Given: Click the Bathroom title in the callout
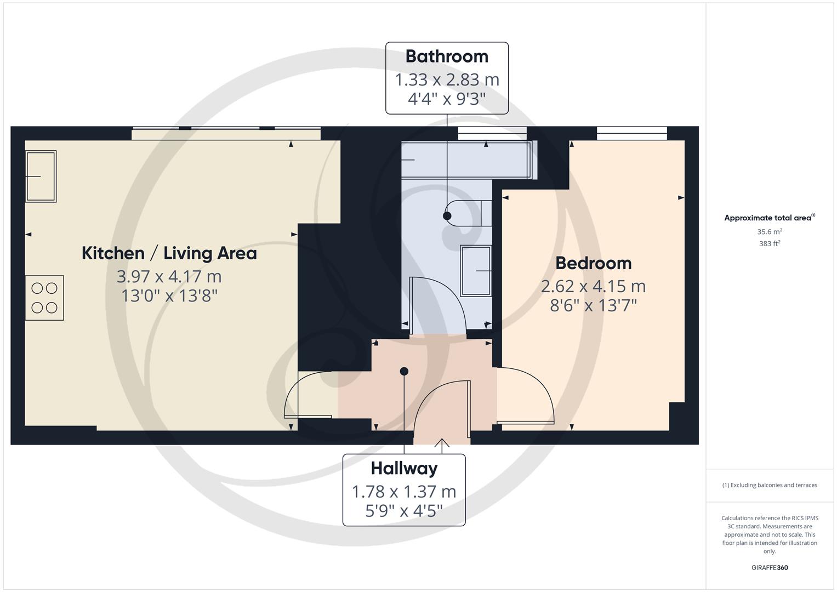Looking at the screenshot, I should [447, 56].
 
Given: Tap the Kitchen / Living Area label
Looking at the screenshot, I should [169, 253].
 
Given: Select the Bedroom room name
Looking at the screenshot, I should [593, 263].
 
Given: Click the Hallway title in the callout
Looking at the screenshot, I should [404, 469].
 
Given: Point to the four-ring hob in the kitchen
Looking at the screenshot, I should [44, 298].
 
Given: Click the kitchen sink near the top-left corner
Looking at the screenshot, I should [41, 177].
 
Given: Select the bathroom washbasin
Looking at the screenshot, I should [475, 271].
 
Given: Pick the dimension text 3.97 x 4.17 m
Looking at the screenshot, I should [169, 276].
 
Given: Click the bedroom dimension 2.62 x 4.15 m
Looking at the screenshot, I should [593, 286].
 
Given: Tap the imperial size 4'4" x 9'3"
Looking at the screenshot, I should [447, 99].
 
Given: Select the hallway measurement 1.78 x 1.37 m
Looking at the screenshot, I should [404, 492].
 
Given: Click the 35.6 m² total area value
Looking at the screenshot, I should [770, 232].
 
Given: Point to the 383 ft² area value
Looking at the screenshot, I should [770, 244].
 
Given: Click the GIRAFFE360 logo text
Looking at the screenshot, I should [770, 568].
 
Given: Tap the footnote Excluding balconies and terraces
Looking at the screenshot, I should [770, 485].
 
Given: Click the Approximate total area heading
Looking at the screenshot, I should [768, 218].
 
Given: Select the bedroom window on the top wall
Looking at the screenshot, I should [631, 133].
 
